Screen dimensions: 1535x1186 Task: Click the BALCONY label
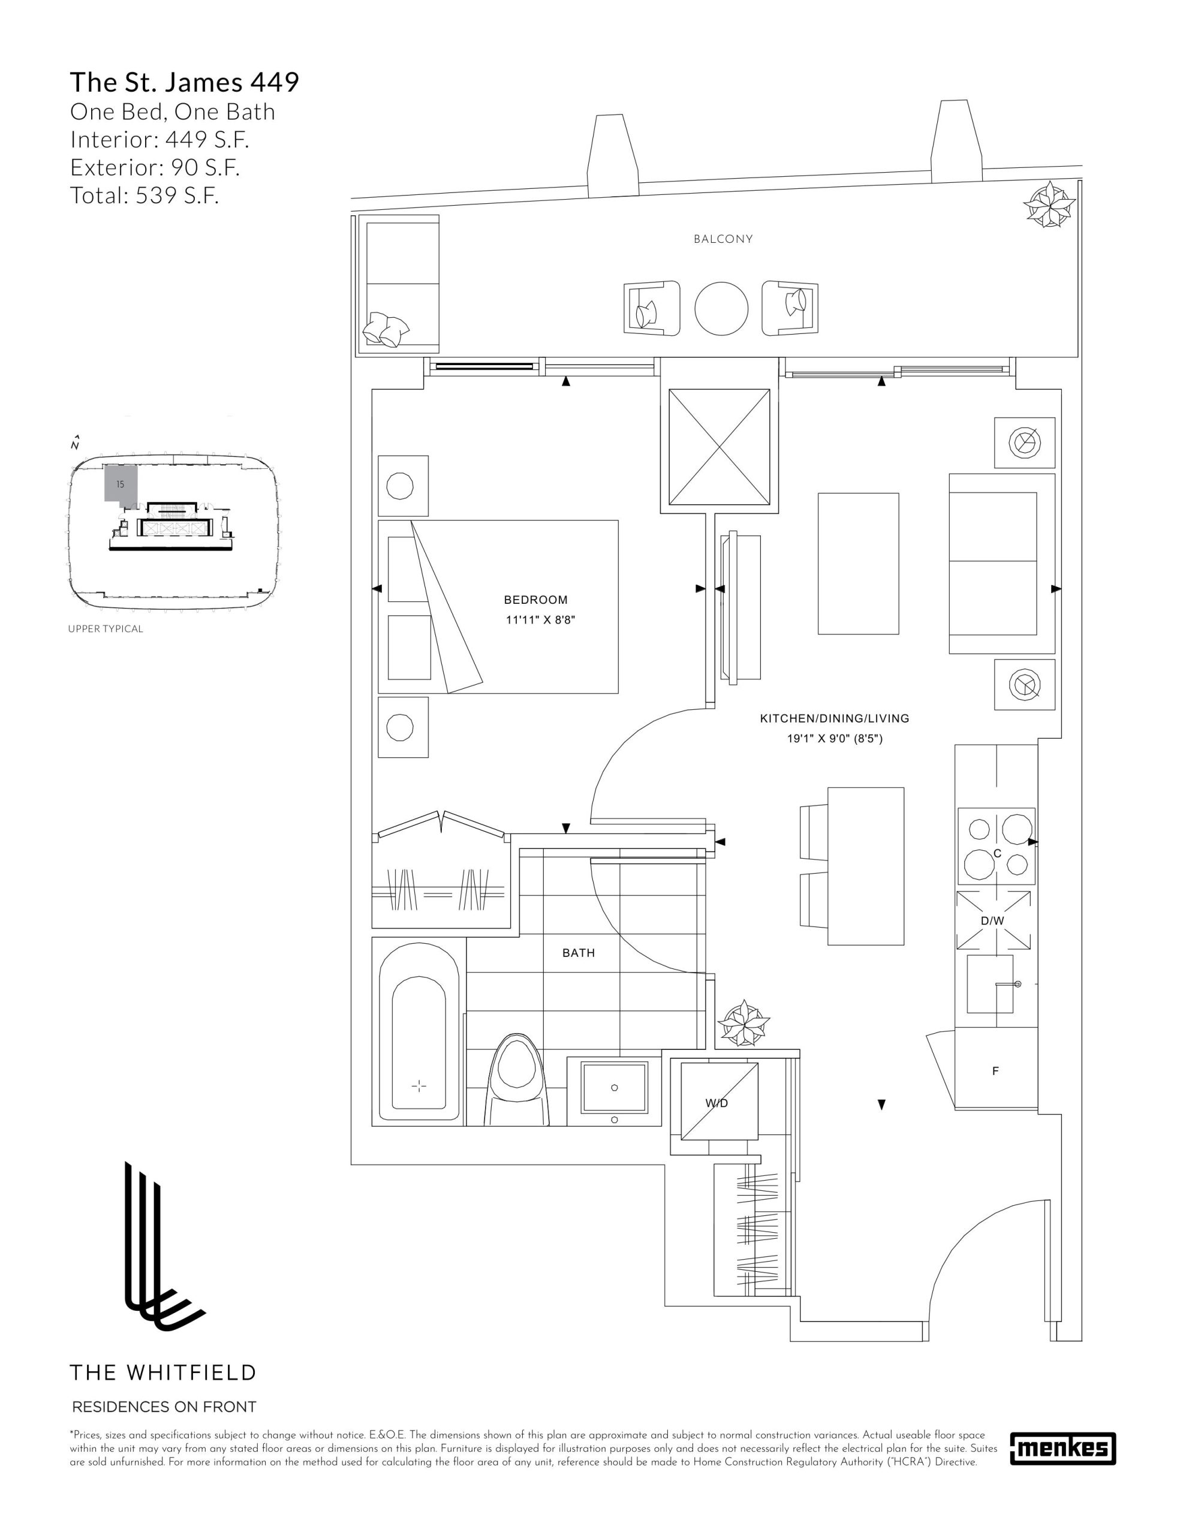pyautogui.click(x=723, y=239)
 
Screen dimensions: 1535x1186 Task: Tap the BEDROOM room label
pyautogui.click(x=535, y=600)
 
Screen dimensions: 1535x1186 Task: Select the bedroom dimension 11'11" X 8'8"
pyautogui.click(x=540, y=620)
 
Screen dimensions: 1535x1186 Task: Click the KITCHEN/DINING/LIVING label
pyautogui.click(x=835, y=718)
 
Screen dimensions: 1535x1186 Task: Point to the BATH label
pyautogui.click(x=579, y=953)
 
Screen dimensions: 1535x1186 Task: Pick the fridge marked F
pyautogui.click(x=995, y=1071)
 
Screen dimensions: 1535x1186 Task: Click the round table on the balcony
pyautogui.click(x=721, y=309)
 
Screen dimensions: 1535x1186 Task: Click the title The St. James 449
pyautogui.click(x=185, y=82)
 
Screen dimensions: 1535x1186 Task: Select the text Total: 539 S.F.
pyautogui.click(x=145, y=195)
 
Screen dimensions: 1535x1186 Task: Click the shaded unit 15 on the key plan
pyautogui.click(x=120, y=483)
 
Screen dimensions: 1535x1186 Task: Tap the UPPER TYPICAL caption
pyautogui.click(x=106, y=629)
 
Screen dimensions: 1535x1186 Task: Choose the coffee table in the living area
pyautogui.click(x=857, y=564)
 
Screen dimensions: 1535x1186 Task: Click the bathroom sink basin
pyautogui.click(x=614, y=1088)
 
